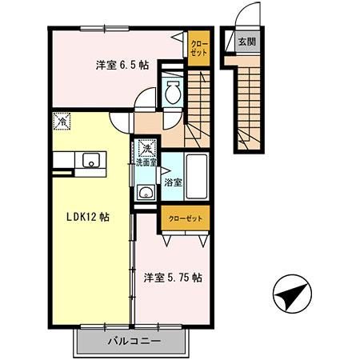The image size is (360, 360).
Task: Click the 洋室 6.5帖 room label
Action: tap(122, 66)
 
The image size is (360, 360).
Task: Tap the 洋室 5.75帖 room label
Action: tap(172, 278)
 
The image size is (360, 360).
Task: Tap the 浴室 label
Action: tap(172, 182)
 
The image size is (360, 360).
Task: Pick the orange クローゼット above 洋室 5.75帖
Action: tap(185, 218)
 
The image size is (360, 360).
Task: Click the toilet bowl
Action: tap(171, 94)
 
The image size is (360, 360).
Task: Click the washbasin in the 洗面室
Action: tap(145, 191)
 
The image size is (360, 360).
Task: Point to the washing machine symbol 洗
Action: tap(146, 148)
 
